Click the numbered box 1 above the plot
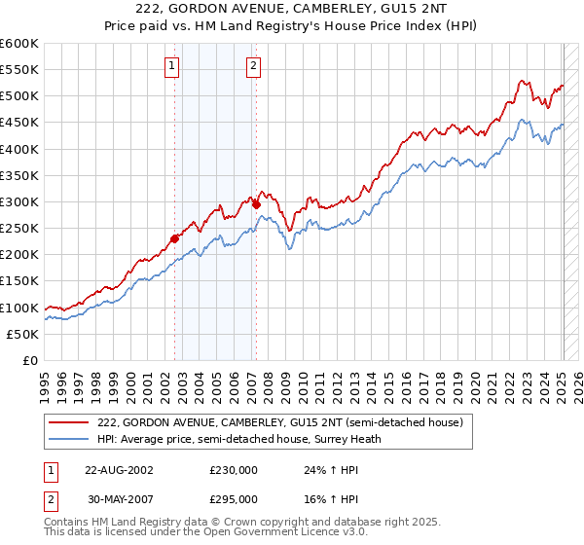(171, 66)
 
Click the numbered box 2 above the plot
(252, 66)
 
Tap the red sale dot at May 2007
(256, 204)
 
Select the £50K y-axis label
(21, 334)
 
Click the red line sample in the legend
(69, 422)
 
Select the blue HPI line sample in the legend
(69, 439)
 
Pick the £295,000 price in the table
(234, 498)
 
